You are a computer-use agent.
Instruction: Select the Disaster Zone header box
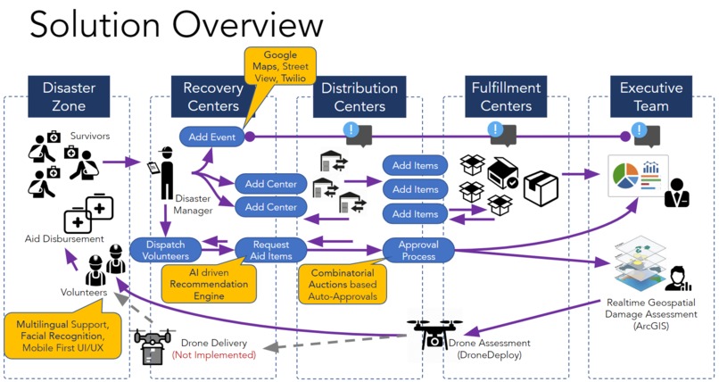[x=69, y=97]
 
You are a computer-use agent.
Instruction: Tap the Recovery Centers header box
[x=212, y=97]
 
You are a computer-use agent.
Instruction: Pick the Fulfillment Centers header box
[x=505, y=97]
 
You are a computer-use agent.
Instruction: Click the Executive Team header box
[x=650, y=97]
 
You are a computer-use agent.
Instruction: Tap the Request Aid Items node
[x=270, y=249]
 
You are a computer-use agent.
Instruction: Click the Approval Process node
[x=418, y=249]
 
